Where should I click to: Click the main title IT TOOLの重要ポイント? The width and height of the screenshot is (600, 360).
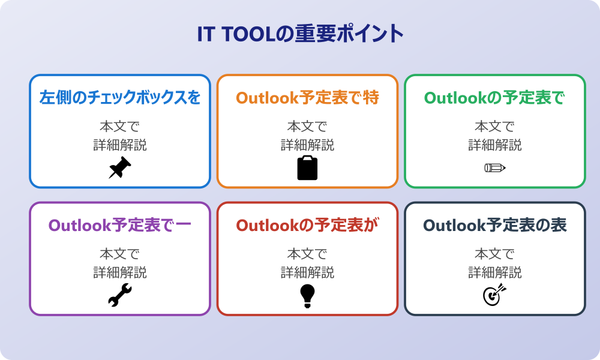coord(301,34)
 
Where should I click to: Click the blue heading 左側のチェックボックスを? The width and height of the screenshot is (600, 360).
coord(120,98)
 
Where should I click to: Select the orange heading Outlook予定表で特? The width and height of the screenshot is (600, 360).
coord(307,98)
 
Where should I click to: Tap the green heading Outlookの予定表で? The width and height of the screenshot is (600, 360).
coord(494,98)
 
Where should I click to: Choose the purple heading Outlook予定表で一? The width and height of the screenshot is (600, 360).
coord(120,225)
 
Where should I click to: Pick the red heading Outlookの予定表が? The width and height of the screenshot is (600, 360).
coord(307,225)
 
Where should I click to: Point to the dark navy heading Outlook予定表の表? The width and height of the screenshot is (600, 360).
coord(494,225)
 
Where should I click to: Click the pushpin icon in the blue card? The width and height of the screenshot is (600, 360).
coord(120,167)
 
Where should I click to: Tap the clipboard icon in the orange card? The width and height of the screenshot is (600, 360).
coord(307,167)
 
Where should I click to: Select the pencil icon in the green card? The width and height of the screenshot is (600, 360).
coord(495,167)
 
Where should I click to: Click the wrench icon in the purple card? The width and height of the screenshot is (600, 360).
coord(120,295)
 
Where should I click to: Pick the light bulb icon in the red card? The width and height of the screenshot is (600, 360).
coord(307,296)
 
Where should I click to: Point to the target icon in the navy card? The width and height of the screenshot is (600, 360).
coord(494,295)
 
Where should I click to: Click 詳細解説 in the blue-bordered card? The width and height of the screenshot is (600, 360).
coord(120,145)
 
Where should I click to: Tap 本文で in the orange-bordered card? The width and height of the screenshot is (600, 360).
coord(307,126)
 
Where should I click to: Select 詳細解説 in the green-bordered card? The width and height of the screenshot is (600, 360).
coord(495,145)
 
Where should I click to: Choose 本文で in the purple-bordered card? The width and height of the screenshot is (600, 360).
coord(120,254)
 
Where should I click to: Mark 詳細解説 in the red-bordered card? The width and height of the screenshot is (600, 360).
coord(307,272)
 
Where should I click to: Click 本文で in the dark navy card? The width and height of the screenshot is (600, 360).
coord(495,254)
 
